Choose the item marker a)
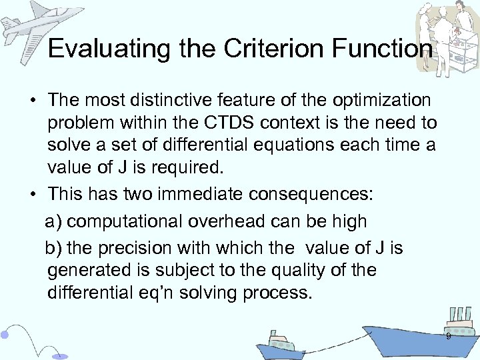(x=54, y=221)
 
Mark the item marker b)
(x=54, y=249)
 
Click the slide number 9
(x=448, y=337)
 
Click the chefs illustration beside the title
(x=447, y=33)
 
